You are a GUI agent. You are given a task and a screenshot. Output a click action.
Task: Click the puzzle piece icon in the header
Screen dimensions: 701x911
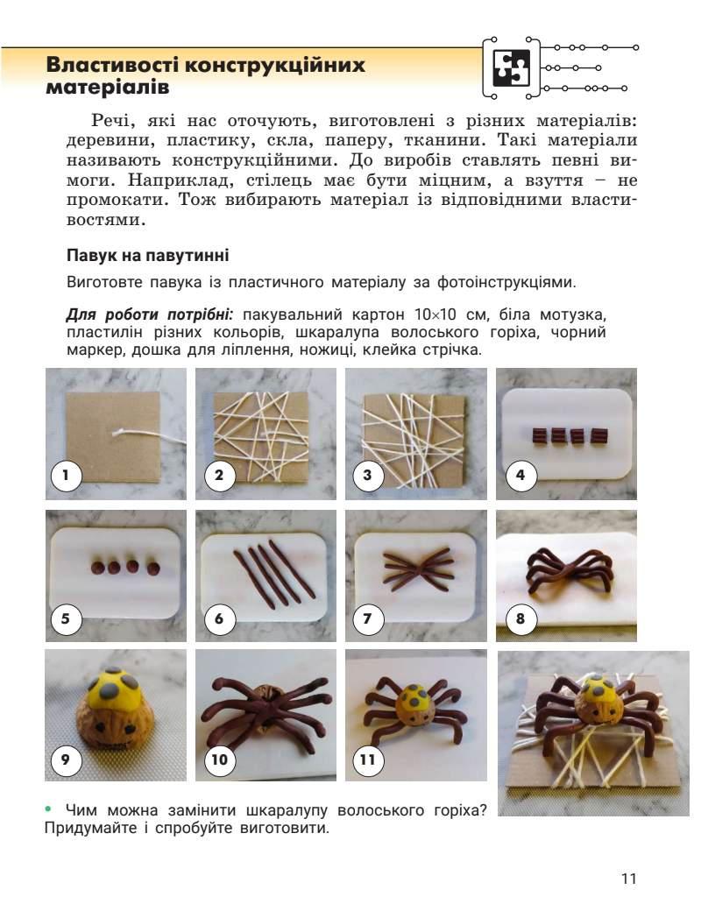(x=512, y=67)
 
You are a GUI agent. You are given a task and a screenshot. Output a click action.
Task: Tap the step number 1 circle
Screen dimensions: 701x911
(x=66, y=476)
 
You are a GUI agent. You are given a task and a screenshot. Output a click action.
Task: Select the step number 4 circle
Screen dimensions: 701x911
(x=520, y=476)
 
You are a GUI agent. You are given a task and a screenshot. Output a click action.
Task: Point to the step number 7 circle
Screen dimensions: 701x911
(x=367, y=618)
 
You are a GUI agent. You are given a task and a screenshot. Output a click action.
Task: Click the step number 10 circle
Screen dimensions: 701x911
(x=219, y=759)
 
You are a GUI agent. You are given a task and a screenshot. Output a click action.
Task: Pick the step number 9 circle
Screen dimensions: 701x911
(x=66, y=759)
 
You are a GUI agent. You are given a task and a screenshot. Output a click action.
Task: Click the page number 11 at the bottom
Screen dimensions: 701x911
(x=629, y=878)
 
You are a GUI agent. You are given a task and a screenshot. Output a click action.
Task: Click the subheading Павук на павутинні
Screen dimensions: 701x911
(x=147, y=255)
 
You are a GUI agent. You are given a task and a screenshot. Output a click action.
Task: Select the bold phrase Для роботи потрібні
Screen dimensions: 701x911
(x=149, y=314)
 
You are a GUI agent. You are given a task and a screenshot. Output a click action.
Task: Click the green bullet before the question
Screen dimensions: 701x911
(x=48, y=809)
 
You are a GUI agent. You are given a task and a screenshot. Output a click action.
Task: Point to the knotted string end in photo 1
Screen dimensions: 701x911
(x=118, y=432)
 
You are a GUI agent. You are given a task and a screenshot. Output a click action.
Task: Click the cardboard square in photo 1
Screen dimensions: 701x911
(x=113, y=436)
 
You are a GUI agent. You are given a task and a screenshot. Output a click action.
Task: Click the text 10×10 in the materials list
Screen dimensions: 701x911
(x=435, y=314)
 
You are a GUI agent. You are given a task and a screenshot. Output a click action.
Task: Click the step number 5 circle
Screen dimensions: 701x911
(x=66, y=618)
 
